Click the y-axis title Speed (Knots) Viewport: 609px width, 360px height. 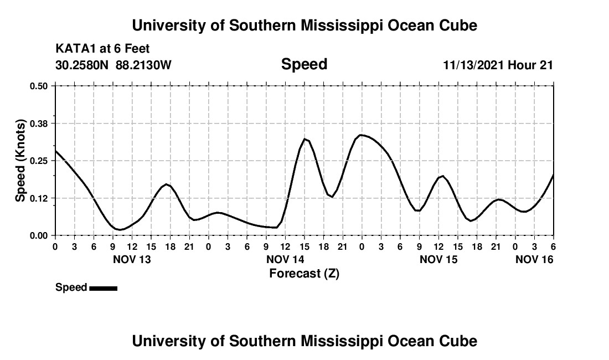(20, 161)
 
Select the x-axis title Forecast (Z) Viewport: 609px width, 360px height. (304, 273)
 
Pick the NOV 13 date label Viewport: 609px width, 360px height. (132, 259)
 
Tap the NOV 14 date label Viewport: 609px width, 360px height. (285, 259)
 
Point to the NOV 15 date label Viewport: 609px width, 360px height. (438, 259)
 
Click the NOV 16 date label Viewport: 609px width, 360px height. (534, 259)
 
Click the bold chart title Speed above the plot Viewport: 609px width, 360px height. (304, 64)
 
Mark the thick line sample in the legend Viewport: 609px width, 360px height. (103, 288)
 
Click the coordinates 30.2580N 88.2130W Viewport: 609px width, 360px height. (113, 65)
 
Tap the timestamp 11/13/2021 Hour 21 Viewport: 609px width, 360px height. (498, 65)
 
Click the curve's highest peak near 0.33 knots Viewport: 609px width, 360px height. (361, 135)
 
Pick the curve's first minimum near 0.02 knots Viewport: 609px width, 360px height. (120, 229)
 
